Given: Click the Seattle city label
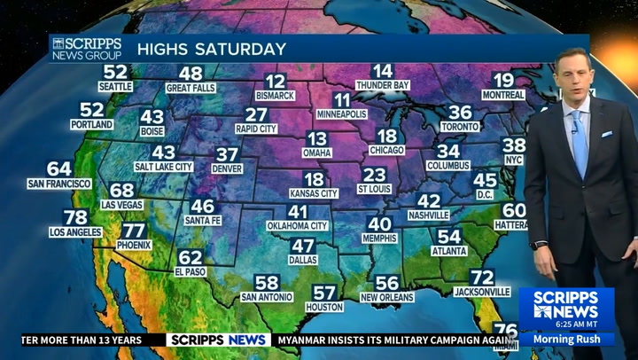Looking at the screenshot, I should click(116, 87).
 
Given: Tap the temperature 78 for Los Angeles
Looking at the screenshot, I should click(76, 217).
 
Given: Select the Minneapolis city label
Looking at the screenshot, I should click(342, 114).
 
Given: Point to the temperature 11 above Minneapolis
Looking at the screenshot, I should click(342, 100).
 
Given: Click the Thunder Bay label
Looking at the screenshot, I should click(383, 85).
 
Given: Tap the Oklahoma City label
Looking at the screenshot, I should click(298, 226).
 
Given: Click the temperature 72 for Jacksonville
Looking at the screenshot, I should click(482, 278).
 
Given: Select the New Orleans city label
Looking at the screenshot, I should click(387, 297).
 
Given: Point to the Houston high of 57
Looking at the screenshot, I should click(324, 293).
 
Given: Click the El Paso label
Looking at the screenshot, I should click(191, 271).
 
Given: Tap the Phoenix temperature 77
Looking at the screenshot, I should click(134, 231).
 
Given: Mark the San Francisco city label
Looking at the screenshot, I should click(59, 184).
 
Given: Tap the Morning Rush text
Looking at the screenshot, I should click(566, 339).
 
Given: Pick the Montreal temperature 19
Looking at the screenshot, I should click(503, 80).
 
